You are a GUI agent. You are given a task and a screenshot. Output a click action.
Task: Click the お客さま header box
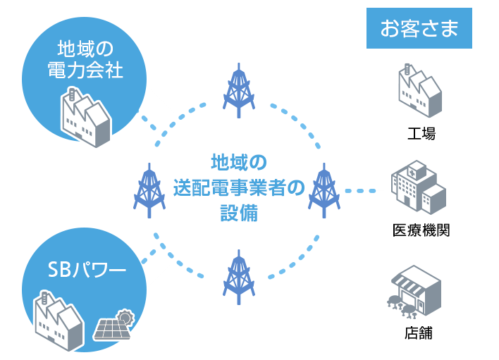tap(419, 28)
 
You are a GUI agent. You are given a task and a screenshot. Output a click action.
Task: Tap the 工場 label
tap(421, 132)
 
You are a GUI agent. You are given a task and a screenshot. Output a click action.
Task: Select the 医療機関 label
tap(421, 230)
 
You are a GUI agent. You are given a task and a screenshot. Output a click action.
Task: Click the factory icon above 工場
tap(421, 92)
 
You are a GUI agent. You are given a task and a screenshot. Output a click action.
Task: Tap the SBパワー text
tap(86, 269)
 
